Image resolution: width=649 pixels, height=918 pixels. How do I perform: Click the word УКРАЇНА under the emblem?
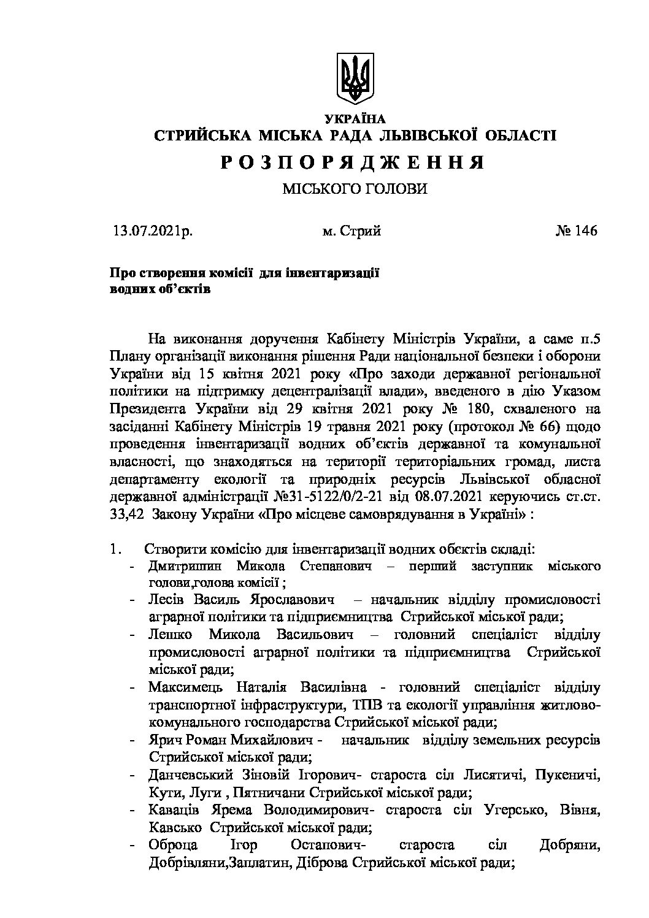coord(355,119)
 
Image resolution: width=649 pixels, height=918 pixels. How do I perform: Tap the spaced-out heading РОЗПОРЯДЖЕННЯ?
coord(353,162)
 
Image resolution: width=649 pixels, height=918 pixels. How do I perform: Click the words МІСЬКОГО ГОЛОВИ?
coord(355,190)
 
